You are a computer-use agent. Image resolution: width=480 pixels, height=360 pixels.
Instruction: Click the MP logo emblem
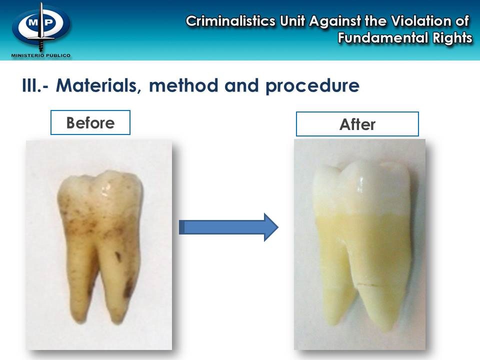point(41,25)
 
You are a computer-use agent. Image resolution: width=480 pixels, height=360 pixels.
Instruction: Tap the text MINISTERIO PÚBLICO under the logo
point(41,55)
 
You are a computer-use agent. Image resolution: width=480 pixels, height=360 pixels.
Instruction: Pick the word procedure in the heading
point(312,85)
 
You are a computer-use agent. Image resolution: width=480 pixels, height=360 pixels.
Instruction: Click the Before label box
point(90,122)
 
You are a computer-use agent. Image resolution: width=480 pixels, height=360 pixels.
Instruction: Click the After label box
point(357,124)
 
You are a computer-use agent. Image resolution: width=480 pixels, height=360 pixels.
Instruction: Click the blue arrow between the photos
point(228,227)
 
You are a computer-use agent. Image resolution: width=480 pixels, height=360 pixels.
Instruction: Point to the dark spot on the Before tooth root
point(118,257)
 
